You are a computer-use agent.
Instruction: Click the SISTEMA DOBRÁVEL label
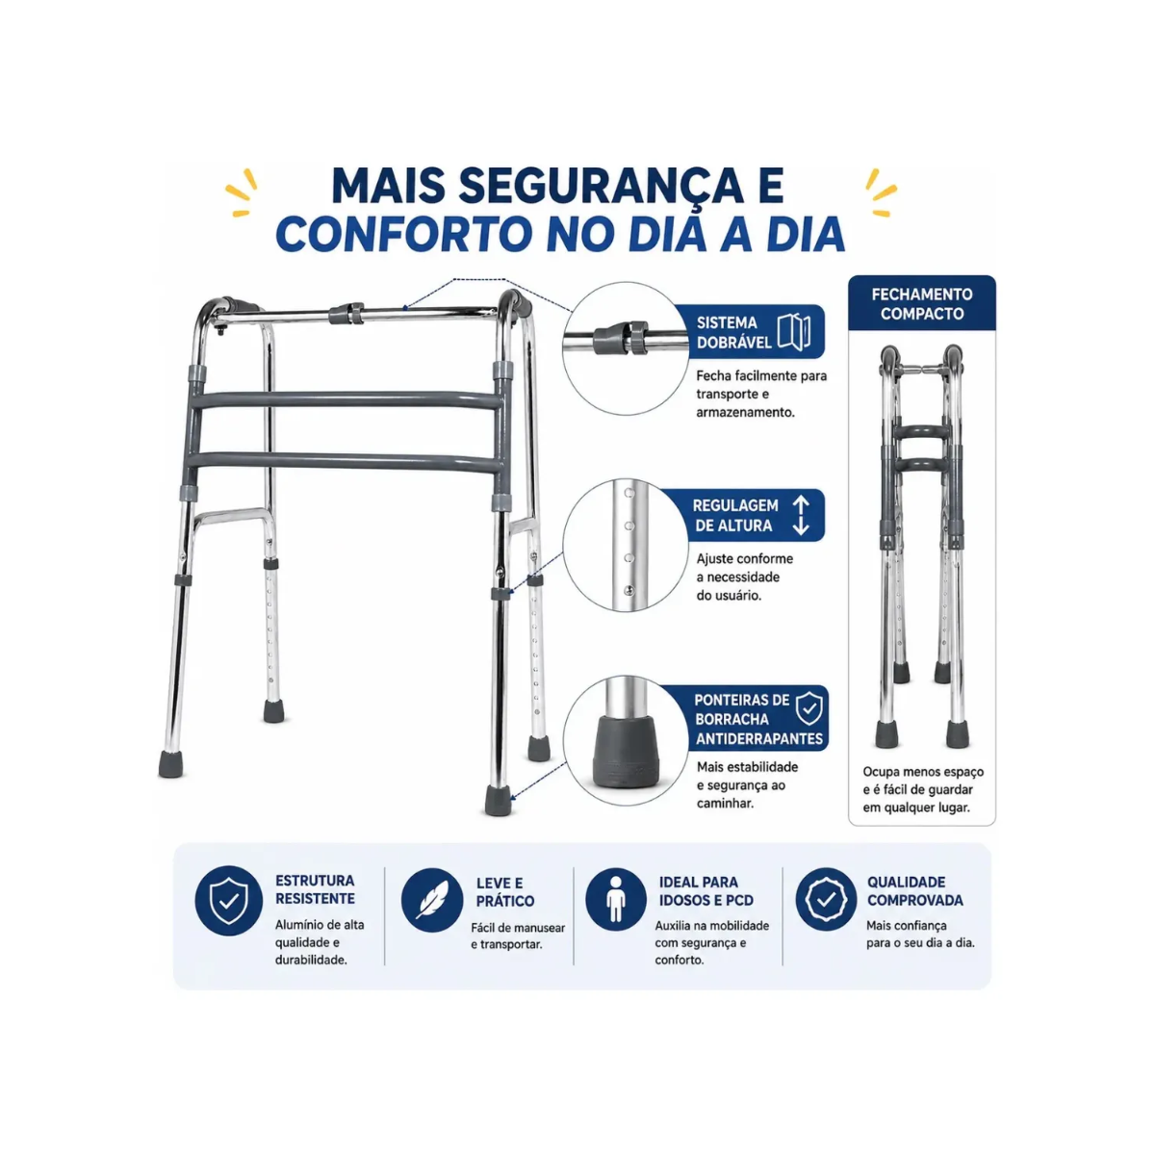733,333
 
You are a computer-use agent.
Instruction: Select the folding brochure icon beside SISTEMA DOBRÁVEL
794,331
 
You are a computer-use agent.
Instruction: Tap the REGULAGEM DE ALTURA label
734,516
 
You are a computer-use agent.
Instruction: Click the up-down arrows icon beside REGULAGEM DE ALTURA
801,516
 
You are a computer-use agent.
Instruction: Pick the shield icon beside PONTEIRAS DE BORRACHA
808,708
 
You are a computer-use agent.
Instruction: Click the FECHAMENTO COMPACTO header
922,304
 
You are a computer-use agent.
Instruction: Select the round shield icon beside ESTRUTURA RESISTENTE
228,900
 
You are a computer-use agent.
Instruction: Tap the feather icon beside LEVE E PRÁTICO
431,900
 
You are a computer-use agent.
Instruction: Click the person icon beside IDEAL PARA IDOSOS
616,899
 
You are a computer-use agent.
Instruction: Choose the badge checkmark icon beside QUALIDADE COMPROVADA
826,899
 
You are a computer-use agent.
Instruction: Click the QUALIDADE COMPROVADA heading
914,891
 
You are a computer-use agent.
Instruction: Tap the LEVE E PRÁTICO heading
504,892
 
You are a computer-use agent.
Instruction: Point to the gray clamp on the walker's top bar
346,313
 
